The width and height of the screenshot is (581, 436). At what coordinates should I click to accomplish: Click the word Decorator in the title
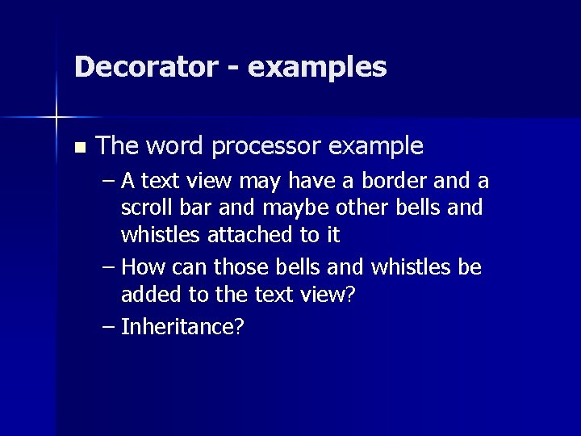pos(142,66)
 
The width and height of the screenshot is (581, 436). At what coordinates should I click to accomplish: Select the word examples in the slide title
pos(318,68)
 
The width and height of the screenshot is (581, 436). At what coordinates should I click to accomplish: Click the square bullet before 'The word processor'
pos(78,148)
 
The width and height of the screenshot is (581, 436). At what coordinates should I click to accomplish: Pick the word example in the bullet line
pos(377,147)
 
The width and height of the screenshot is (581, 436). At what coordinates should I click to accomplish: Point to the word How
pos(144,266)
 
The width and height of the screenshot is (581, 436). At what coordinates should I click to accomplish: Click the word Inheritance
pos(182,326)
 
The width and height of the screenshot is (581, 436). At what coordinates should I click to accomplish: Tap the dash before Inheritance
pos(108,327)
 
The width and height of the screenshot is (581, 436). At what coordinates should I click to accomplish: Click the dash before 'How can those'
pos(108,267)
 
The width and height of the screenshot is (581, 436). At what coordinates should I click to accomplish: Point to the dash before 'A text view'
pos(108,180)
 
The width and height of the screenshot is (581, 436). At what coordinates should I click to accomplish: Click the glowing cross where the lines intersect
pos(56,118)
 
